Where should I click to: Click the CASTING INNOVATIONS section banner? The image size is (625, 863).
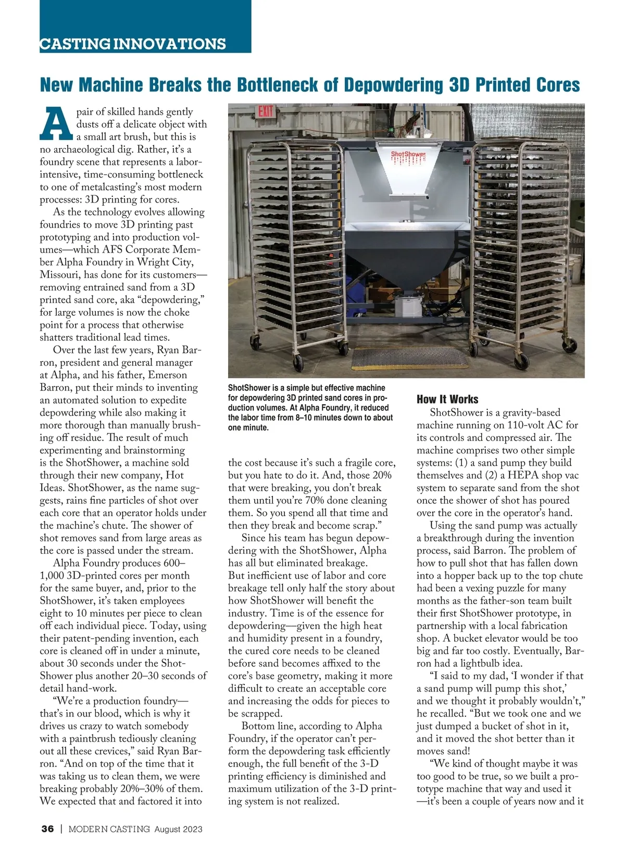point(133,44)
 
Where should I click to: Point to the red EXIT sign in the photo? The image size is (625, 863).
point(266,112)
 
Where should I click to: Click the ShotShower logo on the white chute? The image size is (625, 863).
point(408,155)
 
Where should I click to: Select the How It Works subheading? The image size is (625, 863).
point(447,399)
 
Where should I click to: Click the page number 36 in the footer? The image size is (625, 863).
point(47,829)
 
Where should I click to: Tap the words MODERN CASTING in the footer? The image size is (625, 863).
point(109,829)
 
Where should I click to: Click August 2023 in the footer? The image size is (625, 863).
point(178,829)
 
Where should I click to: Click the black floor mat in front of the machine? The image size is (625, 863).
point(395,358)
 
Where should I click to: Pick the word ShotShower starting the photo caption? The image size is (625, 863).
point(248,388)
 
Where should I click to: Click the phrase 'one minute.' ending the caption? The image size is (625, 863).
point(248,428)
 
